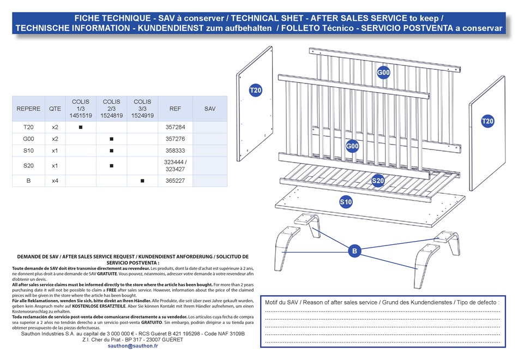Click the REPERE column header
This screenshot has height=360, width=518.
[x=28, y=109]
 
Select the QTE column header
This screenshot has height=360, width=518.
[x=55, y=109]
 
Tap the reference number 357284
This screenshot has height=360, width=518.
[x=175, y=127]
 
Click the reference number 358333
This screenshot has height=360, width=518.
[x=175, y=150]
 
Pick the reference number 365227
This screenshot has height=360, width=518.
[x=175, y=180]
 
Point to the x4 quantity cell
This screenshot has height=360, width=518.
[x=55, y=180]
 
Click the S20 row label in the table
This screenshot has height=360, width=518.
[x=28, y=165]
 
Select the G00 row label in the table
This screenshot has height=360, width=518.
[x=28, y=139]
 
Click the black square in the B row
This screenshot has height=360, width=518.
[x=142, y=180]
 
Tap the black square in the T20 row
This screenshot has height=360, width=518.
[x=80, y=127]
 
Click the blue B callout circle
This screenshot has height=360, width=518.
[x=355, y=251]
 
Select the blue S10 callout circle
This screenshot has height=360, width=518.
[x=346, y=202]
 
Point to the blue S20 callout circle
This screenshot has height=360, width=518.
[x=378, y=181]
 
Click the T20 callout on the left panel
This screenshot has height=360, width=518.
[x=256, y=91]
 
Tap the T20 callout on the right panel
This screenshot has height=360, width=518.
[x=487, y=121]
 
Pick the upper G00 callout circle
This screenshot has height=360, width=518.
[x=384, y=73]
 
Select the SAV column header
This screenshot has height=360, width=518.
[x=210, y=109]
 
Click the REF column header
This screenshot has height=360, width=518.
[x=175, y=109]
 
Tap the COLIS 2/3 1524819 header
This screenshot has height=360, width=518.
[x=111, y=109]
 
